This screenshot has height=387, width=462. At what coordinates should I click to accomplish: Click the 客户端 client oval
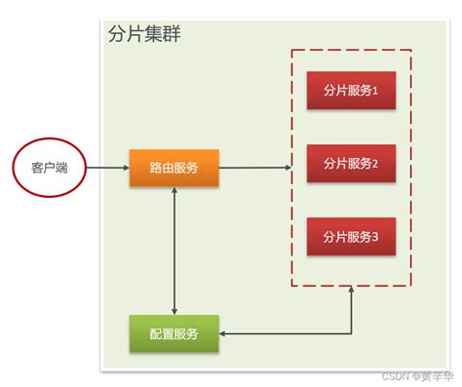click(48, 168)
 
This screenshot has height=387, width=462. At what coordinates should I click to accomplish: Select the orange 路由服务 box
click(173, 168)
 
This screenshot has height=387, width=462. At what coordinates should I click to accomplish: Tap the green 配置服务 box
click(173, 333)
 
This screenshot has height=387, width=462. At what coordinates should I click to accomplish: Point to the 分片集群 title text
click(143, 34)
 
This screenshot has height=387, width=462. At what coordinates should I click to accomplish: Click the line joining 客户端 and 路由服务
click(107, 168)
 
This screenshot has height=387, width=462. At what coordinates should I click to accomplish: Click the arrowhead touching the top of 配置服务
click(173, 310)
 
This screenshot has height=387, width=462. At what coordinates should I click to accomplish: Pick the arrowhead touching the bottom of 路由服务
click(173, 191)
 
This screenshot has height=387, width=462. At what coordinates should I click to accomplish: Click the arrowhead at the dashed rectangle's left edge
click(288, 168)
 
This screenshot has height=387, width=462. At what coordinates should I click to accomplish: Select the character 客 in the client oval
click(35, 168)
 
